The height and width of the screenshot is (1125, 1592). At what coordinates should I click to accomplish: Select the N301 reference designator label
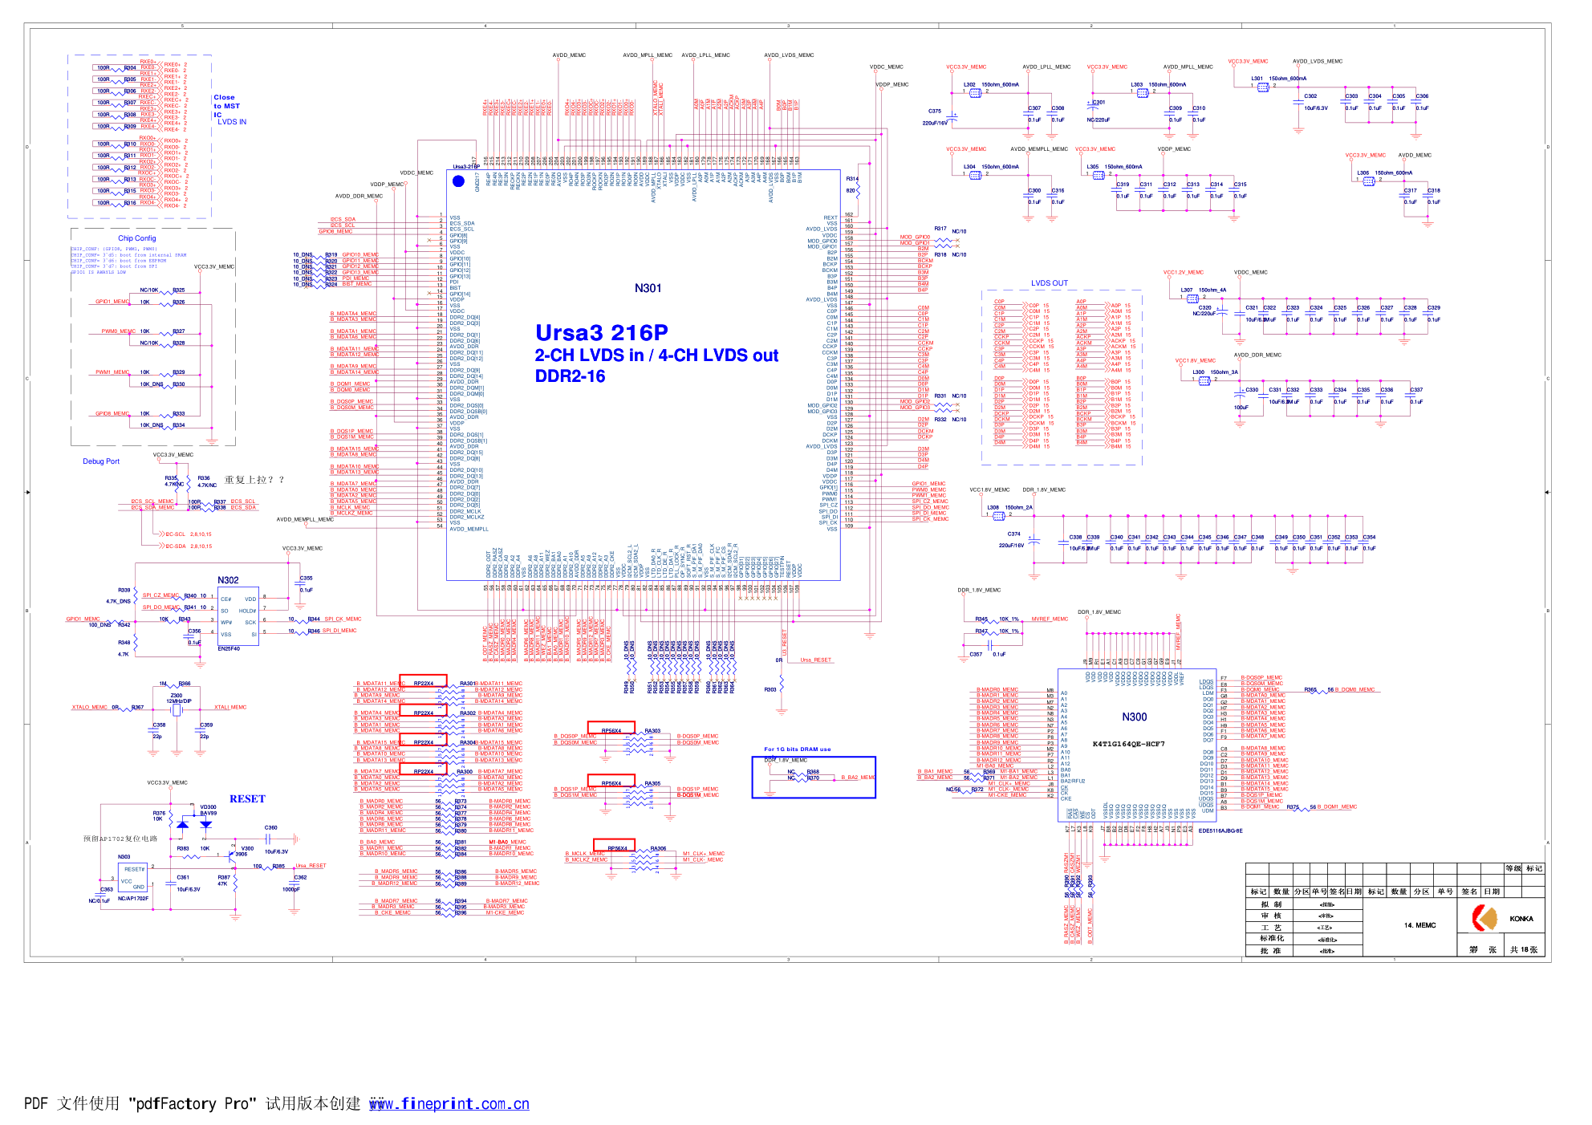tap(648, 289)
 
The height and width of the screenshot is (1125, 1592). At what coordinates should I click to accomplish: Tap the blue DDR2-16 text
tap(570, 376)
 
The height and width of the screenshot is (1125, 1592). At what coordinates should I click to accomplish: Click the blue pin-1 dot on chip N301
tap(458, 181)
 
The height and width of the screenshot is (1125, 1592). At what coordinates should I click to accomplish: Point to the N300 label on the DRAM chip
tap(1134, 717)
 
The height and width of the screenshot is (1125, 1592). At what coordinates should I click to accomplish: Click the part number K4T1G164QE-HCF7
tap(1128, 744)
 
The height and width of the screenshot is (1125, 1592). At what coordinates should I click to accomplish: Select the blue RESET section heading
tap(247, 799)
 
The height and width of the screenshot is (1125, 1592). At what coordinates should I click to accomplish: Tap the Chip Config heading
tap(136, 238)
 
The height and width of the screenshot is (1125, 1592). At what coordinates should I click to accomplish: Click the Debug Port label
tap(101, 461)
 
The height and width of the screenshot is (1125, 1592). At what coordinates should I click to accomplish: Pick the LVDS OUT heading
tap(1049, 283)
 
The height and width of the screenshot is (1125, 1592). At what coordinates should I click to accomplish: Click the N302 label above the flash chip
tap(228, 580)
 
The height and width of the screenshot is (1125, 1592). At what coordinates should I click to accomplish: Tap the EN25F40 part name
tap(229, 648)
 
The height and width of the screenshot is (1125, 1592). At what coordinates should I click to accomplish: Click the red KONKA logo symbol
tap(1484, 918)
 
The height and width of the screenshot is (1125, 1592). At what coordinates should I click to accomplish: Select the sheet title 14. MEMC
tap(1419, 925)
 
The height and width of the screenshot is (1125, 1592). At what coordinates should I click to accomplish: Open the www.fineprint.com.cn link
tap(449, 1104)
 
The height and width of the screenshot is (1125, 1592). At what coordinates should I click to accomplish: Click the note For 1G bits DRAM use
tap(797, 749)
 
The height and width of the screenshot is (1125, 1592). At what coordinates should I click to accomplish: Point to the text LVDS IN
tap(232, 122)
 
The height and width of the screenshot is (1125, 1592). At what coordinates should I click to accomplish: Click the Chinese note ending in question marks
tap(254, 480)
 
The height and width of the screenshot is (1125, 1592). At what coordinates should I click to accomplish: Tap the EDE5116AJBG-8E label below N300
tap(1220, 831)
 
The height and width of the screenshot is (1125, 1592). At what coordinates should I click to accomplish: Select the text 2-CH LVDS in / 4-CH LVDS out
tap(656, 355)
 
